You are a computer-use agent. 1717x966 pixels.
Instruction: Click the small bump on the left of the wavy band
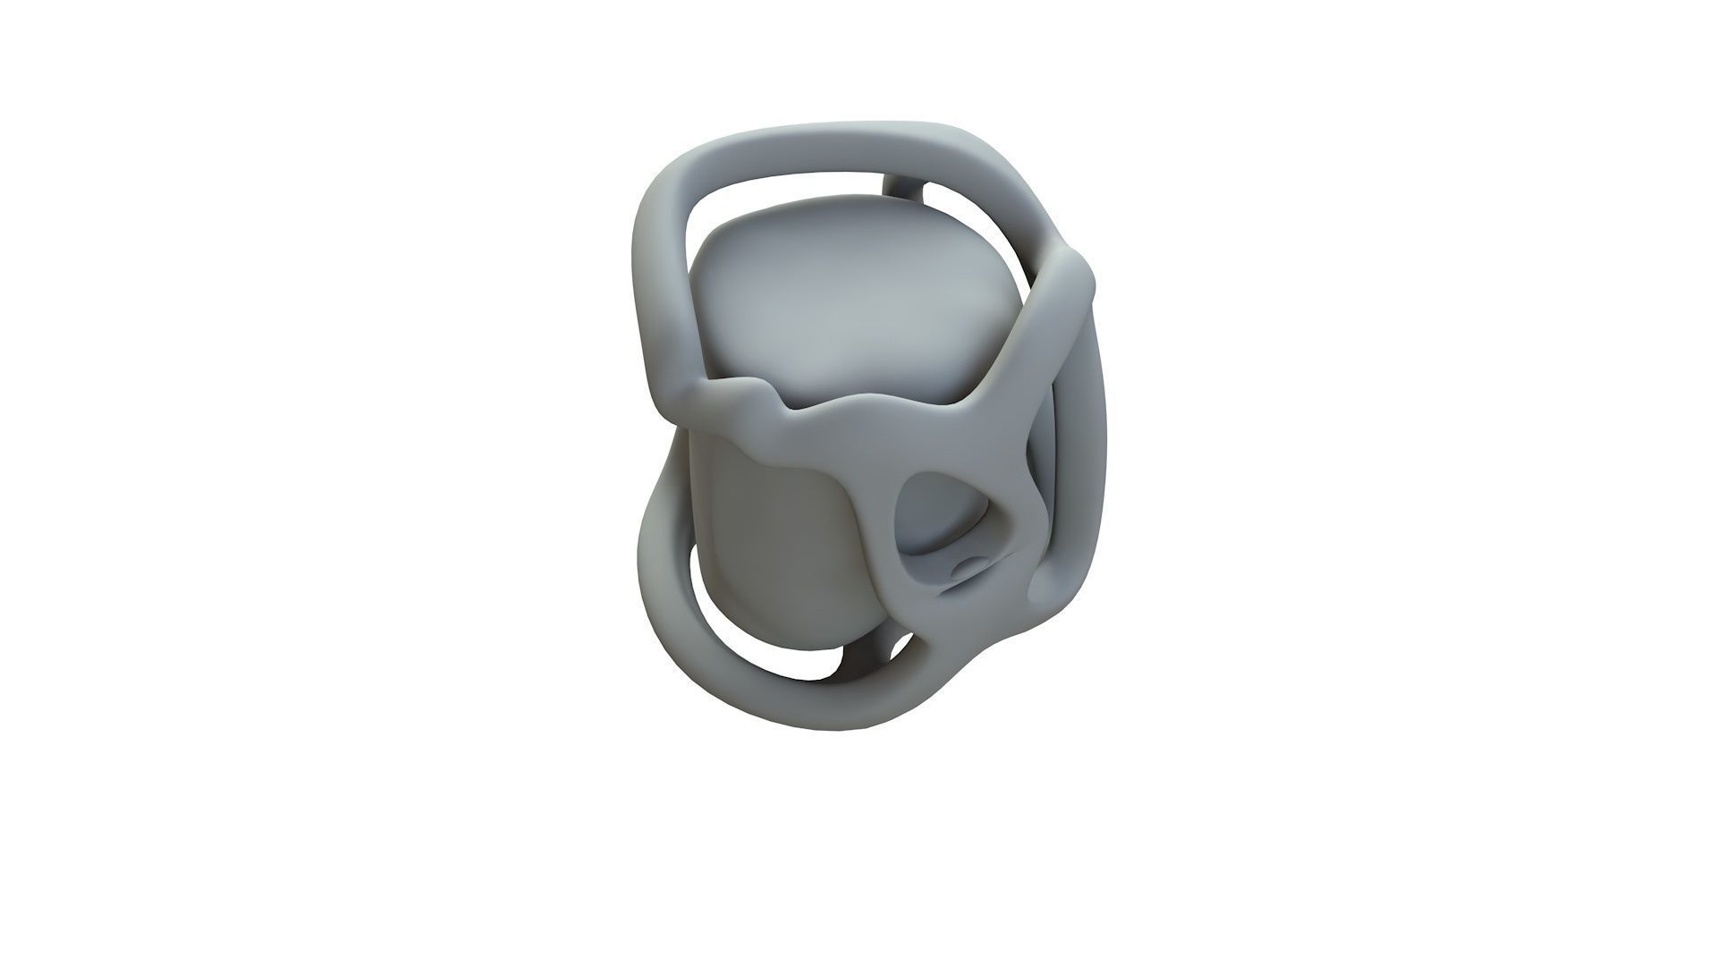751,394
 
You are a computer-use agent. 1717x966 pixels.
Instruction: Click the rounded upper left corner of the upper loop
671,179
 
